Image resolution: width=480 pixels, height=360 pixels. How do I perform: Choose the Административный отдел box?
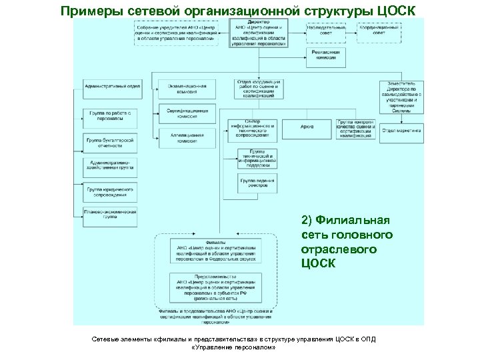coord(110,87)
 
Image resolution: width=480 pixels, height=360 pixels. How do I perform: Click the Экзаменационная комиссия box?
coord(187,89)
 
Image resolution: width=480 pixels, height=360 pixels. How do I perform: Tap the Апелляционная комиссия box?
coord(187,138)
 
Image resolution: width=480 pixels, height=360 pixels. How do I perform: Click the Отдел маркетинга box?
coord(401,131)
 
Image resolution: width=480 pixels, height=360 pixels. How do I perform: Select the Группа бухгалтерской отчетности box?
coord(110,143)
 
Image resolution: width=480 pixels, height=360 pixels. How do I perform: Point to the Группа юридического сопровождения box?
coord(110,193)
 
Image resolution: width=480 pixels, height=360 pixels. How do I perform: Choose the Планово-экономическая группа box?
coord(110,215)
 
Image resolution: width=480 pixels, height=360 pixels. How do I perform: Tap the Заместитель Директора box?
coord(401,97)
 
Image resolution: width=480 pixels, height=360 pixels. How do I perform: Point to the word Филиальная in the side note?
coord(353,220)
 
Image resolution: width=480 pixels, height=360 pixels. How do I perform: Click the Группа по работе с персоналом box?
coord(110,117)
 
